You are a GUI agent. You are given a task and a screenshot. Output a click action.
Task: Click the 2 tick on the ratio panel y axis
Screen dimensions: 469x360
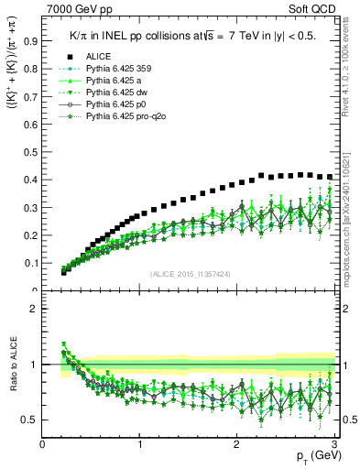(x=33, y=309)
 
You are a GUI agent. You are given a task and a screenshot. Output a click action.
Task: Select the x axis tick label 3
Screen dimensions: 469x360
(x=335, y=444)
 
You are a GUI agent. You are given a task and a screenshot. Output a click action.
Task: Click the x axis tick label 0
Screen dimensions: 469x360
(x=43, y=444)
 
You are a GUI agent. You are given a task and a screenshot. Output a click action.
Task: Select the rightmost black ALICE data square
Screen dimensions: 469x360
(x=330, y=177)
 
